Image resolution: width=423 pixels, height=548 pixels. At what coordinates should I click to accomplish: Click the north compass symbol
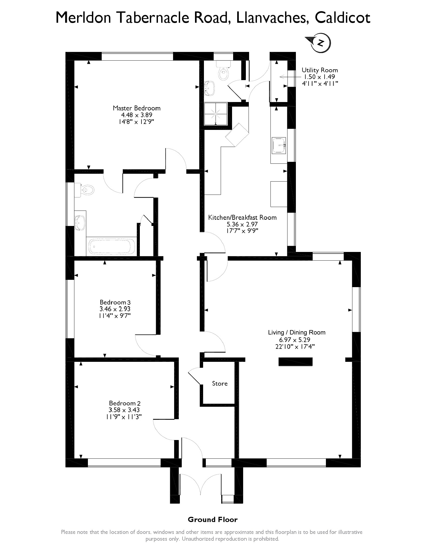point(321,43)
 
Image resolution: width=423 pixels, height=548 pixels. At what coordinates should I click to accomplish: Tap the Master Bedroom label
point(137,108)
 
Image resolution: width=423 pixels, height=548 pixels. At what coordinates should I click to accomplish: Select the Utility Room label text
point(320,70)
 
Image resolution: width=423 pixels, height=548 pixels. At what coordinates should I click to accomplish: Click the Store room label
point(220,383)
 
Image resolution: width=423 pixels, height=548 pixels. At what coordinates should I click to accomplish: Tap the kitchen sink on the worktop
point(279,146)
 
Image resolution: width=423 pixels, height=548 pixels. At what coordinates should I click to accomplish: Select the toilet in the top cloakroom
point(223,72)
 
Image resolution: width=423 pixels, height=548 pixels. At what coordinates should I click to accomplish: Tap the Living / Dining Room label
point(296,332)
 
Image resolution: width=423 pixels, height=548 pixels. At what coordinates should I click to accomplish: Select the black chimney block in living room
point(295,362)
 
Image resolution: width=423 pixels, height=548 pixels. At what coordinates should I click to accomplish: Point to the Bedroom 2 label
point(125,403)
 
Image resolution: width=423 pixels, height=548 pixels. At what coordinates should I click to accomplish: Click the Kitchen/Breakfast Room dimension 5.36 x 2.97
point(242,224)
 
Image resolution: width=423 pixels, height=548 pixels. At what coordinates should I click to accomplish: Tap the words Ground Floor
point(213,520)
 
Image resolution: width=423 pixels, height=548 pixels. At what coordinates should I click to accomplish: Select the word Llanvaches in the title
point(272,18)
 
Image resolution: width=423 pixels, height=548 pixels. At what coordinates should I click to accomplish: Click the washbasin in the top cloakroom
point(210,88)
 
